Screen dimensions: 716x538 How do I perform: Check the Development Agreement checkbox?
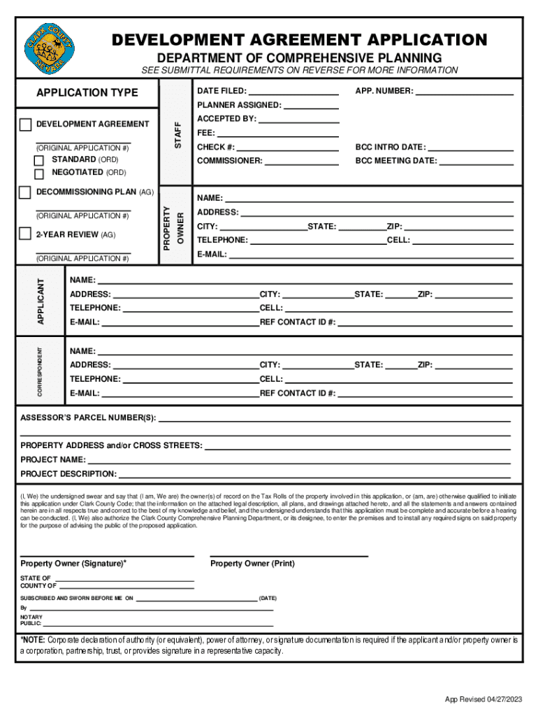pos(26,124)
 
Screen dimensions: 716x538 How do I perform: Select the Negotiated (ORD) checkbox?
pos(39,173)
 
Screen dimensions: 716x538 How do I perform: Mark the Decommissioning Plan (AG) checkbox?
pos(26,192)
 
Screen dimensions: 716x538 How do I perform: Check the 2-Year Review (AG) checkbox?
pos(26,234)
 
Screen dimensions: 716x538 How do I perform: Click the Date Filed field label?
pos(221,92)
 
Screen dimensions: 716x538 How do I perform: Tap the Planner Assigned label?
pos(240,106)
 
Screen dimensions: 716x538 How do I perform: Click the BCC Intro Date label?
pos(390,148)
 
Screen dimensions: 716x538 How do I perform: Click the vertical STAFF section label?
pos(177,131)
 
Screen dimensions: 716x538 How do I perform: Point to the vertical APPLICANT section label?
pos(41,301)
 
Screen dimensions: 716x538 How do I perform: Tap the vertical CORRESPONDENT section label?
pos(41,371)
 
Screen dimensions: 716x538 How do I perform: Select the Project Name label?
pos(53,460)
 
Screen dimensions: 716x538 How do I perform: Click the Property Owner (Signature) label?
pos(73,564)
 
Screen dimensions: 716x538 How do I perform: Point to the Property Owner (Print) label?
pos(252,564)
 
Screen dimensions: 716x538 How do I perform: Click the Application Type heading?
pos(87,93)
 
